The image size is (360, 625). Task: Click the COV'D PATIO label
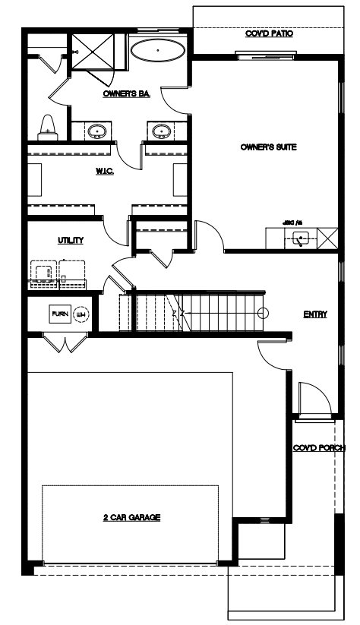[x=269, y=34]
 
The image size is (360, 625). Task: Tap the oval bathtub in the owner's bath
[x=157, y=51]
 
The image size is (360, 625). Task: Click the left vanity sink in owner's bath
[x=96, y=132]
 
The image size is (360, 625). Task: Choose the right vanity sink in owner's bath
[x=161, y=132]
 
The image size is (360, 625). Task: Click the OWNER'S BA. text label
[x=125, y=94]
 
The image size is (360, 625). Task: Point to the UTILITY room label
[x=70, y=240]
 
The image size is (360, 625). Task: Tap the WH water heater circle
[x=81, y=314]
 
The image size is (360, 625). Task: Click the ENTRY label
[x=315, y=314]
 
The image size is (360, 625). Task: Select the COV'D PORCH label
[x=318, y=448]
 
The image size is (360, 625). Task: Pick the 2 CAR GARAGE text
[x=132, y=518]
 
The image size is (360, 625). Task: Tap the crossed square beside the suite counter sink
[x=327, y=238]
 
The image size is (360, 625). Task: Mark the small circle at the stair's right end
[x=263, y=313]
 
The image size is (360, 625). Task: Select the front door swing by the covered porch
[x=313, y=399]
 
